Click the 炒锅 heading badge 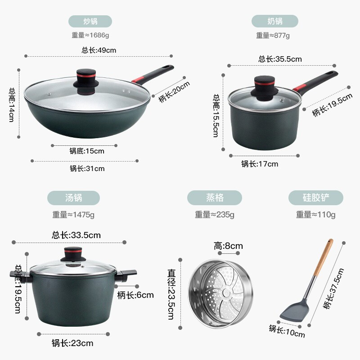pyautogui.click(x=90, y=21)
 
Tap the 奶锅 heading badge pyautogui.click(x=275, y=21)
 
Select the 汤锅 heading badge pyautogui.click(x=73, y=198)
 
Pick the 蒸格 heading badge pyautogui.click(x=215, y=198)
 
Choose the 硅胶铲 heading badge pyautogui.click(x=316, y=198)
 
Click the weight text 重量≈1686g pyautogui.click(x=90, y=35)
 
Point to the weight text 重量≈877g pyautogui.click(x=273, y=36)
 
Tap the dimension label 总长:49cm pyautogui.click(x=99, y=50)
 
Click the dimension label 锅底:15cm pyautogui.click(x=87, y=151)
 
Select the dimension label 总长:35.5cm pyautogui.click(x=280, y=59)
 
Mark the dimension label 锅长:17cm pyautogui.click(x=260, y=164)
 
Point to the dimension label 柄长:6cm pyautogui.click(x=135, y=295)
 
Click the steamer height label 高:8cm pyautogui.click(x=228, y=246)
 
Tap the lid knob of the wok pyautogui.click(x=86, y=81)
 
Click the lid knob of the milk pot pyautogui.click(x=265, y=88)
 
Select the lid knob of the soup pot pyautogui.click(x=73, y=254)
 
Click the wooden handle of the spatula pyautogui.click(x=324, y=257)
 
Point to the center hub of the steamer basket pyautogui.click(x=226, y=292)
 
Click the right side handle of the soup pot pyautogui.click(x=126, y=275)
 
